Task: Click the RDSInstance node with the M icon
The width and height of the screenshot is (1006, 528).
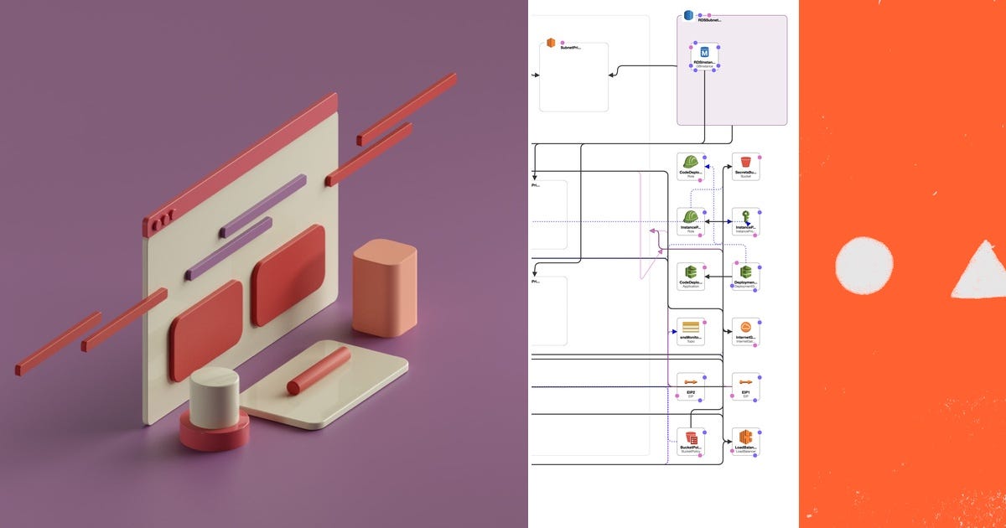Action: click(x=704, y=53)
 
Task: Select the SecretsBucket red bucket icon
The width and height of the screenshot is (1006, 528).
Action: click(x=745, y=163)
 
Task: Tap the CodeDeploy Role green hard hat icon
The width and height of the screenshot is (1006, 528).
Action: click(x=690, y=163)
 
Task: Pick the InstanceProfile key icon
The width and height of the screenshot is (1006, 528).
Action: click(x=745, y=217)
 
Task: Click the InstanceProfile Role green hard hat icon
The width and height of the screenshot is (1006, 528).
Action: click(x=690, y=217)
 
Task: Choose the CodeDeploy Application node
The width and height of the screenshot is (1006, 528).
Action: click(x=690, y=272)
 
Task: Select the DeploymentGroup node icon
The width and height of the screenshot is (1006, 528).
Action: click(x=745, y=272)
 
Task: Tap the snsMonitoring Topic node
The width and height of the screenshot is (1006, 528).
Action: click(x=690, y=328)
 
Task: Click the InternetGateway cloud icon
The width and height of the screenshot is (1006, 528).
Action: click(x=745, y=328)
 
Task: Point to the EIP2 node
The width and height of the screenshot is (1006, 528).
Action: click(x=690, y=384)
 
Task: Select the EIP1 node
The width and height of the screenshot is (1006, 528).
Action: click(x=745, y=384)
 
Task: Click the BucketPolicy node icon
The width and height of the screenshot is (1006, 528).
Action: click(x=690, y=438)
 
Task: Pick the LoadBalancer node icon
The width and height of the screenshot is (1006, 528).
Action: click(x=745, y=437)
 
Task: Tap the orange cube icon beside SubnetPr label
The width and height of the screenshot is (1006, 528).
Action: click(x=551, y=43)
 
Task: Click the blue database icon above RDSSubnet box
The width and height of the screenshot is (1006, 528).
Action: click(x=688, y=15)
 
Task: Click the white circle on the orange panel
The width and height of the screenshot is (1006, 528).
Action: click(x=864, y=266)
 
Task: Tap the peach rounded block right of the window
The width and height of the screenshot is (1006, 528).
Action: click(x=384, y=287)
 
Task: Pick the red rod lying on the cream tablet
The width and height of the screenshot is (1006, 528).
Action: click(x=319, y=371)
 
